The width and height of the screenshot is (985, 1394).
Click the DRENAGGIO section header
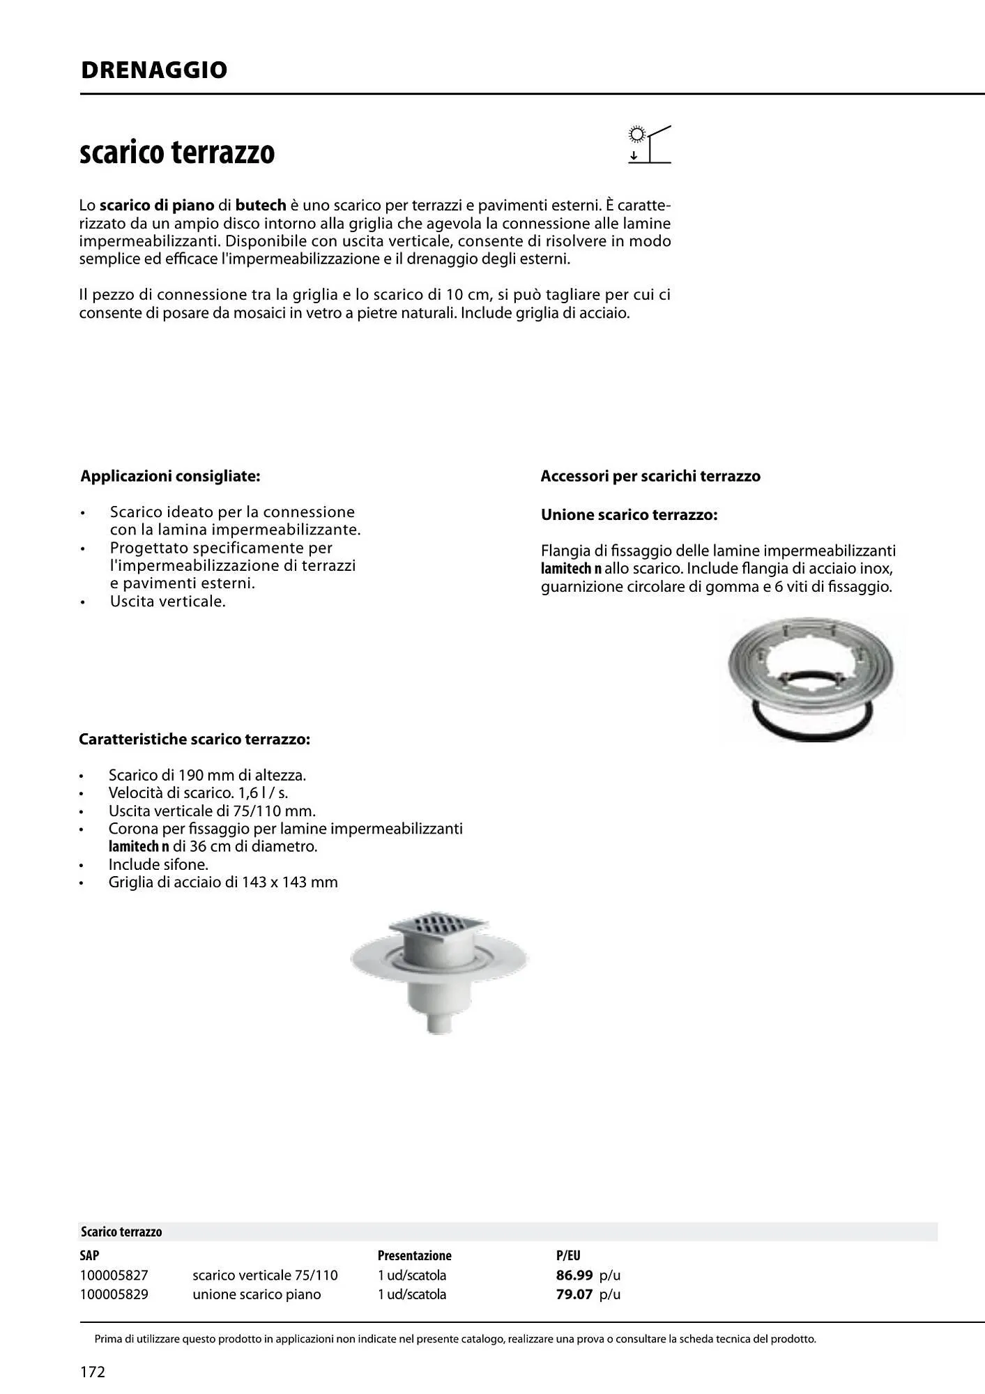(154, 70)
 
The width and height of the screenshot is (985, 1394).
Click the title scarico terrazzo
(177, 153)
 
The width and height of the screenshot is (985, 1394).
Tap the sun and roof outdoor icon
(649, 144)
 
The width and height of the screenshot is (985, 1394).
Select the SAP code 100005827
(114, 1275)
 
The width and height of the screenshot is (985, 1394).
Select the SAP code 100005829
(114, 1294)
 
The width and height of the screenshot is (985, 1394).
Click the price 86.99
(574, 1275)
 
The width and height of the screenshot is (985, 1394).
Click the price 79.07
(574, 1294)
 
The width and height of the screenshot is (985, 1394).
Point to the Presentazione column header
(414, 1255)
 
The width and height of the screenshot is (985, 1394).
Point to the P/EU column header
(567, 1255)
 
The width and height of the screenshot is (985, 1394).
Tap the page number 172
(93, 1372)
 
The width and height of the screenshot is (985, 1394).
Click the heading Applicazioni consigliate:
(170, 476)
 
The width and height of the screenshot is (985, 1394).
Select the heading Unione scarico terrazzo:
(629, 515)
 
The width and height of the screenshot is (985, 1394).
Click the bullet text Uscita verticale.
(167, 601)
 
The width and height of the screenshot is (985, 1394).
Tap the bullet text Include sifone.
(158, 864)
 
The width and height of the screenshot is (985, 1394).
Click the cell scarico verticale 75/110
(265, 1275)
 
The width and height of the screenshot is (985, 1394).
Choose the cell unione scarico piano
(257, 1294)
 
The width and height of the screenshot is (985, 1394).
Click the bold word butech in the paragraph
(261, 205)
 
